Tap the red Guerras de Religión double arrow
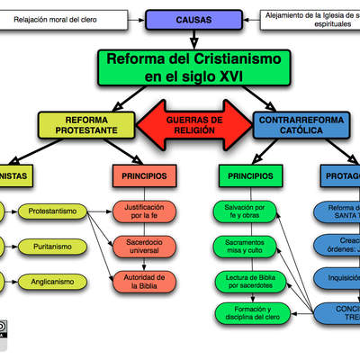tap(193, 125)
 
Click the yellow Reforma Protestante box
tap(86, 125)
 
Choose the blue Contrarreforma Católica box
tap(301, 125)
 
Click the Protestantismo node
tap(58, 211)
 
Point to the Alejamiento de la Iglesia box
tap(310, 19)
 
